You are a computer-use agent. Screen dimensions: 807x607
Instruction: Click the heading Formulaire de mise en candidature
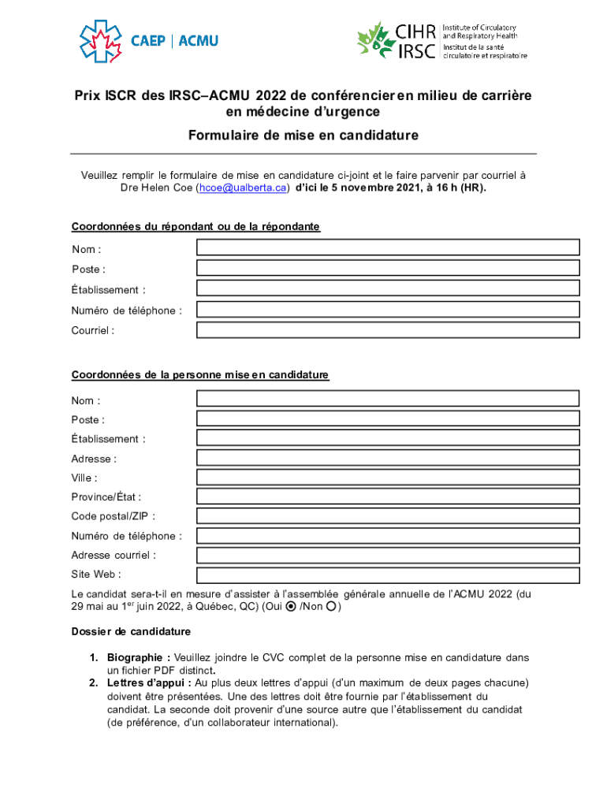pos(303,136)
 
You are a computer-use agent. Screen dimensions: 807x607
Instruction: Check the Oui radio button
pos(291,607)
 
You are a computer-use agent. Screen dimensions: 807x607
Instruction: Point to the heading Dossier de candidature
pos(131,632)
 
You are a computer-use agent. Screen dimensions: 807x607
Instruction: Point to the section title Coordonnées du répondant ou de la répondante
pos(196,227)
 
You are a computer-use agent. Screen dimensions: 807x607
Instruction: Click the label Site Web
pos(96,575)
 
